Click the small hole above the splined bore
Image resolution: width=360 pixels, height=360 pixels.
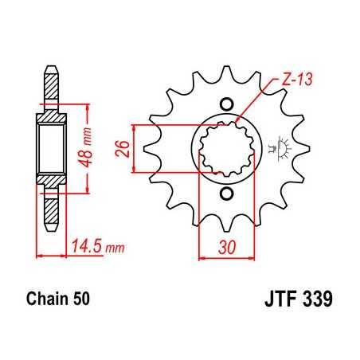coord(225,103)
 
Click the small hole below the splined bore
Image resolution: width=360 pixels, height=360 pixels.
coord(225,194)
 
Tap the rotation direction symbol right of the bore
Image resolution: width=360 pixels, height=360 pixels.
coord(278,147)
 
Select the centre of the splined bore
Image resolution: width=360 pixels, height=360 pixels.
coord(225,148)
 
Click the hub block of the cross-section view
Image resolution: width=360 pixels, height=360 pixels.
coord(51,148)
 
